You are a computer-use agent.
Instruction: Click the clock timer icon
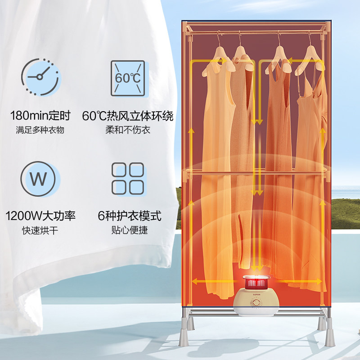(x=40, y=76)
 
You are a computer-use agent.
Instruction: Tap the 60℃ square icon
(x=127, y=77)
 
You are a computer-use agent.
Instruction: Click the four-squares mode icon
(x=127, y=179)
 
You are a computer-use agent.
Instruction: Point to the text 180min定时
(x=40, y=116)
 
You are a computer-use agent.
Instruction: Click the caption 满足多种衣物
(x=40, y=130)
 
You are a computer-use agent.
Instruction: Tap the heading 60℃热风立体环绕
(x=128, y=116)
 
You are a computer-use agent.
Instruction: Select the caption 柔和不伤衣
(x=128, y=130)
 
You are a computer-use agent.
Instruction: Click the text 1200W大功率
(x=40, y=216)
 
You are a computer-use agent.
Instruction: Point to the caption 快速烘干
(x=40, y=231)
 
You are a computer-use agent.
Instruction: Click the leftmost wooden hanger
(x=218, y=57)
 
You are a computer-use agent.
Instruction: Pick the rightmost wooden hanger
(x=311, y=56)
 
